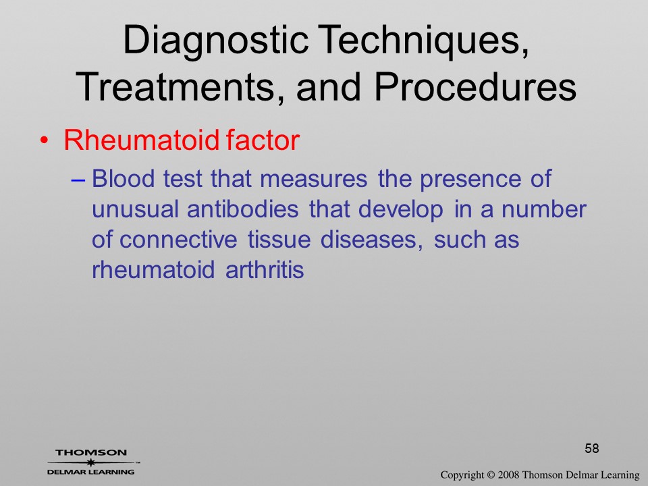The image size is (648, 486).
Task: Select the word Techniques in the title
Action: pyautogui.click(x=423, y=40)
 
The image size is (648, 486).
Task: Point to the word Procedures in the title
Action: pyautogui.click(x=475, y=87)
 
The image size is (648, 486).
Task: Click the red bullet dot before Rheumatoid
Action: pyautogui.click(x=44, y=140)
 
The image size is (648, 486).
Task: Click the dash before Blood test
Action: pyautogui.click(x=78, y=180)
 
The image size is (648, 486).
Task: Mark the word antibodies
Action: pyautogui.click(x=242, y=209)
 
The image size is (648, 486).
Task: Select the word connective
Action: pyautogui.click(x=178, y=240)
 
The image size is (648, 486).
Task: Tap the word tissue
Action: pyautogui.click(x=279, y=240)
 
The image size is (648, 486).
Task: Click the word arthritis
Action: pyautogui.click(x=265, y=270)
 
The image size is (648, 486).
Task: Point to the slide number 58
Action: pyautogui.click(x=592, y=448)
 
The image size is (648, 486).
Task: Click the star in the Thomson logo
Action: pyautogui.click(x=90, y=462)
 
